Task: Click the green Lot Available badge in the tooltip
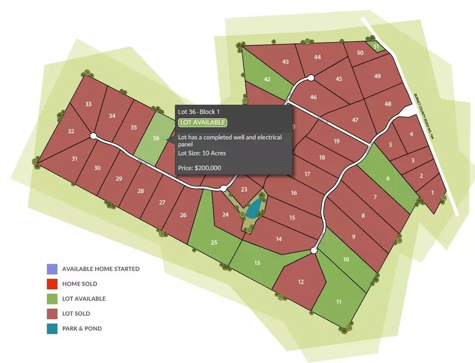coord(202,123)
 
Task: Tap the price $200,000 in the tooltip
coord(199,168)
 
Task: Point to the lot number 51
coord(376,47)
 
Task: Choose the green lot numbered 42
coord(267,79)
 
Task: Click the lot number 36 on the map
coord(156,138)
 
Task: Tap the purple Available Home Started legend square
coord(52,269)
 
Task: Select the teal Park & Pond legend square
coord(52,329)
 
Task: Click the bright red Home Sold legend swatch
coord(52,284)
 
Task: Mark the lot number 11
coord(338,301)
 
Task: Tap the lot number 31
coord(75,159)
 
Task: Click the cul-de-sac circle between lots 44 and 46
coord(310,77)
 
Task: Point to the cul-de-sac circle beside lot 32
coord(93,136)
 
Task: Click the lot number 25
coord(214,243)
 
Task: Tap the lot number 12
coord(301,281)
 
